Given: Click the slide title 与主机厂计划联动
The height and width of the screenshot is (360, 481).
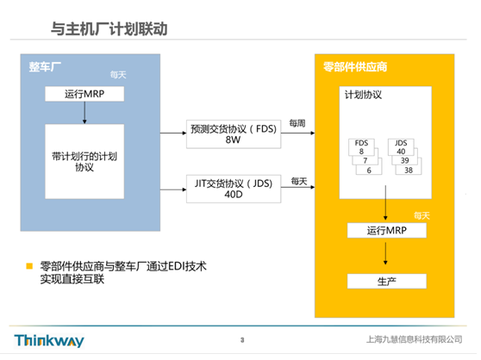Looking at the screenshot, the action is (x=109, y=29).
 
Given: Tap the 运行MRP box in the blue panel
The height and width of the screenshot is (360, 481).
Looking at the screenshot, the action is (x=84, y=94).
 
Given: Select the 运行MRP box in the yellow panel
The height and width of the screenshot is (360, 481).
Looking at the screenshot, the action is (x=387, y=231).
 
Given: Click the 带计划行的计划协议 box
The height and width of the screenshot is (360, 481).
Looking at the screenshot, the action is (x=84, y=161).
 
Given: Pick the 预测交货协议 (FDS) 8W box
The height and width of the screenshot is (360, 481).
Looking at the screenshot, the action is (x=234, y=134).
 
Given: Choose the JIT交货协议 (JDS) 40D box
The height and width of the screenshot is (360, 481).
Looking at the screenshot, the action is (x=234, y=189).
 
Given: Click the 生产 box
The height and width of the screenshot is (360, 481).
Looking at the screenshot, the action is (x=387, y=282).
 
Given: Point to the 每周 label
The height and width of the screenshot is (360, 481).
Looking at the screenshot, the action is (x=297, y=123).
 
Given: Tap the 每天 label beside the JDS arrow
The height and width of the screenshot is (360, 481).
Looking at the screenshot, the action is (x=299, y=182).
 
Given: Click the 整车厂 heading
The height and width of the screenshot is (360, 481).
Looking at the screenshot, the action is (x=45, y=67).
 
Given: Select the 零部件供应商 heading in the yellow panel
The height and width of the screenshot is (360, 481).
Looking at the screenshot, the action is (x=355, y=67).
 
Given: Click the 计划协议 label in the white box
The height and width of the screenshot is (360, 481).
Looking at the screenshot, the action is (x=363, y=95).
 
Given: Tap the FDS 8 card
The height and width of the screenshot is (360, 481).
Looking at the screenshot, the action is (x=361, y=147).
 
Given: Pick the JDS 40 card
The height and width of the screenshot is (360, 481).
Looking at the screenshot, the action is (x=401, y=147).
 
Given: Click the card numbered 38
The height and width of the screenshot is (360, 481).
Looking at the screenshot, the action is (x=409, y=171).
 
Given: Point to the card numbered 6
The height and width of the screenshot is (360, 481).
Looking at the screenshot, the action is (x=369, y=171).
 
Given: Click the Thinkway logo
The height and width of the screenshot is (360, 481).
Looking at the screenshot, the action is (x=49, y=341).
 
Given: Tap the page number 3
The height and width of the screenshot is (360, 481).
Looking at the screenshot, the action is (x=242, y=340).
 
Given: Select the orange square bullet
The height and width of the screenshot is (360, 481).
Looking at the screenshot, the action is (x=29, y=266).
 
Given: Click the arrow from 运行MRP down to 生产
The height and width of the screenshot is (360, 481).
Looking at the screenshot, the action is (x=385, y=253).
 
